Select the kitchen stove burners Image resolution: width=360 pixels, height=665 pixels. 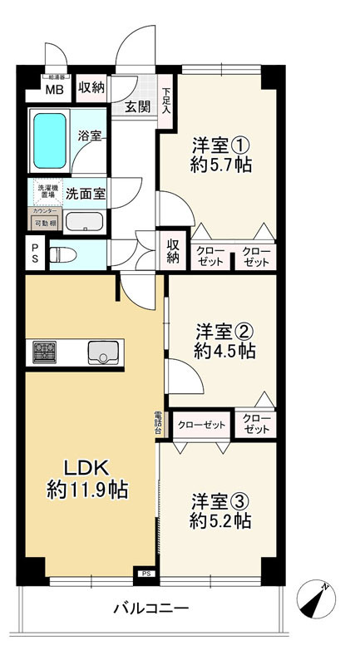tap(44, 352)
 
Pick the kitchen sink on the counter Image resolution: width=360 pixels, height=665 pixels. tap(102, 352)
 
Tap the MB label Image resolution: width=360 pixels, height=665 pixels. tap(53, 90)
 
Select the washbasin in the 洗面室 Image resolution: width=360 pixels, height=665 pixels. tap(83, 222)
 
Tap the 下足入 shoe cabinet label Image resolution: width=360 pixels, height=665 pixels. tap(166, 100)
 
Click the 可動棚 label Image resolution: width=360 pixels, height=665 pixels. tap(45, 224)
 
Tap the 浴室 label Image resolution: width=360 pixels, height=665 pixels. tap(90, 135)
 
